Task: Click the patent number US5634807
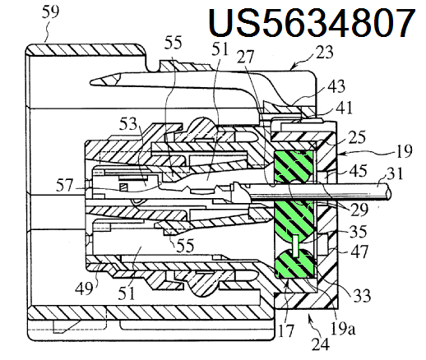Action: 312,22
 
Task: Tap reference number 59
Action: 50,12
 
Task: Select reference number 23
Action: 324,52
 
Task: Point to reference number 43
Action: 336,86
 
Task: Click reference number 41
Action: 344,108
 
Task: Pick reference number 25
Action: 357,137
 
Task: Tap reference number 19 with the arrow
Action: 404,151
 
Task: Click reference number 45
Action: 358,171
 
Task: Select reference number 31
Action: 395,173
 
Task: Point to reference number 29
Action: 359,210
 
